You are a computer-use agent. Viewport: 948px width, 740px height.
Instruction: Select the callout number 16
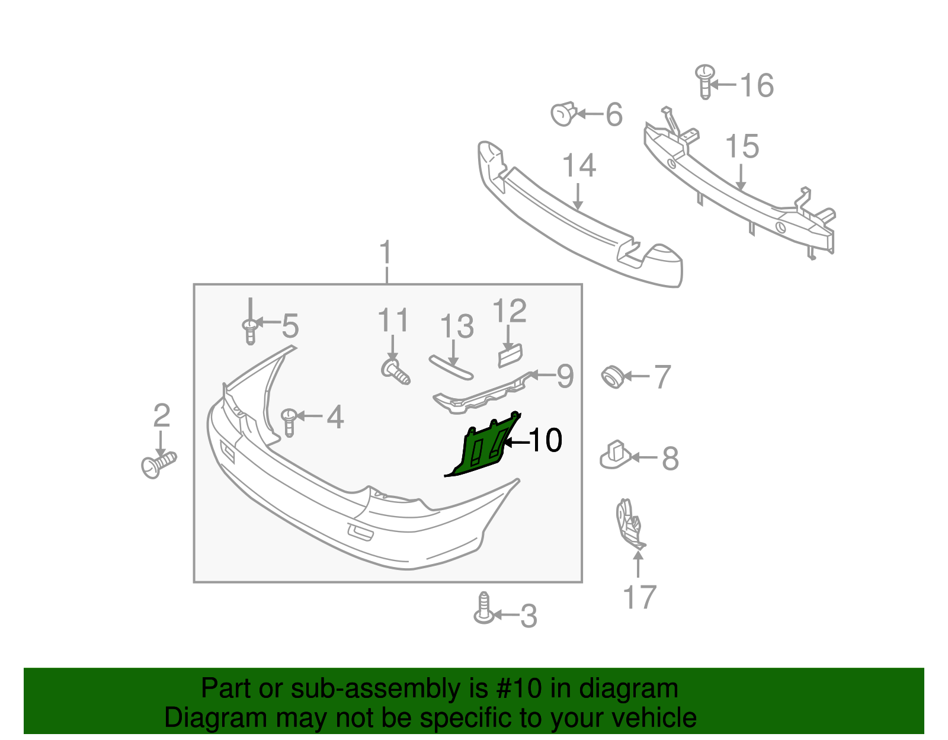coord(757,85)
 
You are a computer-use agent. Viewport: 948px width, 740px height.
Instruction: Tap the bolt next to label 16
coord(704,81)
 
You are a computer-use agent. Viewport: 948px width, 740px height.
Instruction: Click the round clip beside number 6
coord(563,113)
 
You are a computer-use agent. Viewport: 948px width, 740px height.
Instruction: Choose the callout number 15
coord(742,146)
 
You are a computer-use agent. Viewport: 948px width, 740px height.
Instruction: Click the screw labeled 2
coord(158,465)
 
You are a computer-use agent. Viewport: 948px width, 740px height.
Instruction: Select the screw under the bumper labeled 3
coord(484,609)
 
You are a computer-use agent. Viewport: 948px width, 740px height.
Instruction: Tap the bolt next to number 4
coord(289,421)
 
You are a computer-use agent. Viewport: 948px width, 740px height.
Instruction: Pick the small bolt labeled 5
coord(251,331)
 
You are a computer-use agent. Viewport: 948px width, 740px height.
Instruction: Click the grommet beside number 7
coord(612,377)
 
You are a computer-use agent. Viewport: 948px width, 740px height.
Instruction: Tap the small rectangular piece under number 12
coord(510,355)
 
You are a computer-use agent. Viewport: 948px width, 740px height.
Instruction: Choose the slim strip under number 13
coord(451,367)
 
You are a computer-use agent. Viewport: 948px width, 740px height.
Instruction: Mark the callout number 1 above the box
coord(386,253)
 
